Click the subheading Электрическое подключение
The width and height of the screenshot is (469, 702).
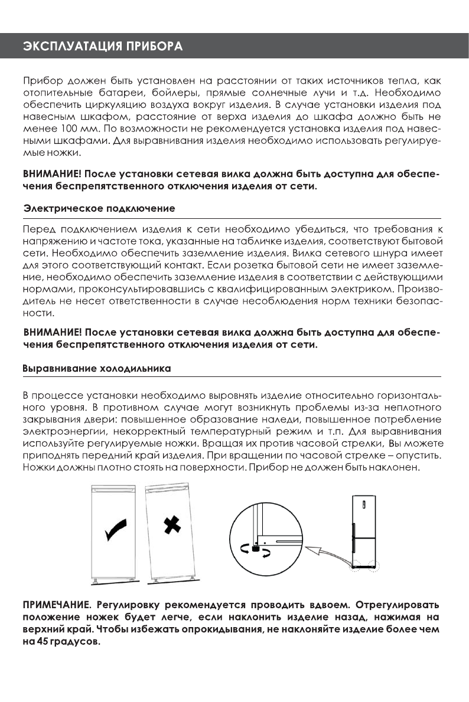tap(99, 209)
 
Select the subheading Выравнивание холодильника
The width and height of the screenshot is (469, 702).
tap(96, 369)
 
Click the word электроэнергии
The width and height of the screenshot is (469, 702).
tap(56, 432)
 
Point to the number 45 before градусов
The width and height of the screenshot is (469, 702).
tap(39, 642)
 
